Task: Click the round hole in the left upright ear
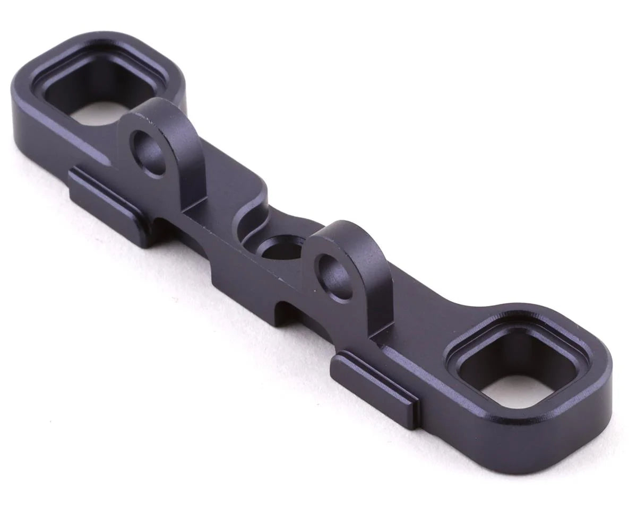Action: click(149, 154)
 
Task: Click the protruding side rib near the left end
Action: click(106, 196)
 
